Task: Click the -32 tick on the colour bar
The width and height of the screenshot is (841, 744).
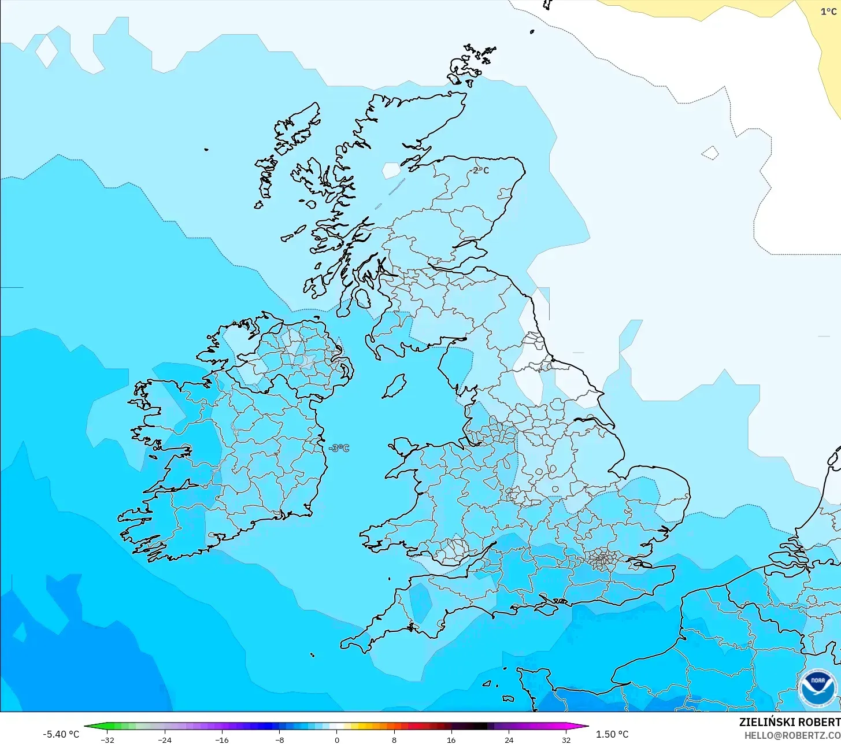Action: coord(107,739)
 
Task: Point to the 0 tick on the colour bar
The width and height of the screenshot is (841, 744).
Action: coord(336,739)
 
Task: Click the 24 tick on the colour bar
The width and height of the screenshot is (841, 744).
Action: coord(509,739)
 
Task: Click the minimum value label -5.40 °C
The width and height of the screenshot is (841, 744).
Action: coord(61,734)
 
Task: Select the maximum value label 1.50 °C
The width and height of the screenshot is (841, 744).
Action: coord(612,734)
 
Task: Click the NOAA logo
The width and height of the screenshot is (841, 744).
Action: coord(817,688)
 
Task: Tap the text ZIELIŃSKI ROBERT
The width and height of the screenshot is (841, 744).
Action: coord(790,722)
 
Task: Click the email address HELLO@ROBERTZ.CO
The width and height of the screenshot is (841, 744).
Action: coord(792,735)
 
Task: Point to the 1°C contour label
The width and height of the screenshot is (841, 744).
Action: coord(828,12)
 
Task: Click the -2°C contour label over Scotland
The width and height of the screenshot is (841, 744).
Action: coord(480,170)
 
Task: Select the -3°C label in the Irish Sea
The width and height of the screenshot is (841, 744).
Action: coord(339,448)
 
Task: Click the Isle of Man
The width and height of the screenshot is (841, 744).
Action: coord(394,386)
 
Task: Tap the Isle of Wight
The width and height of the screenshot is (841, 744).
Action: coord(553,605)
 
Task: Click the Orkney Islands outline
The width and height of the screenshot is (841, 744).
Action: coord(471,62)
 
